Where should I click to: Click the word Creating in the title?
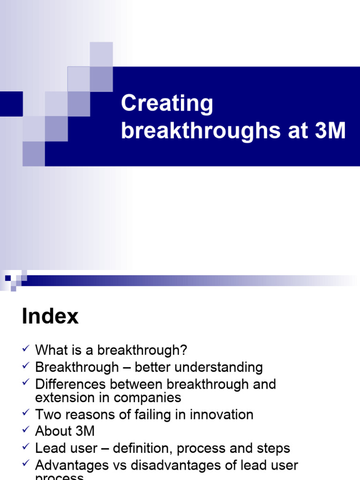click(167, 104)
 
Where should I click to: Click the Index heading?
click(50, 317)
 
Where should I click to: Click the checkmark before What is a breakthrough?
click(26, 348)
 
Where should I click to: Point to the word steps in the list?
click(273, 448)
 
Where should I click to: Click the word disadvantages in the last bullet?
click(190, 465)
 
